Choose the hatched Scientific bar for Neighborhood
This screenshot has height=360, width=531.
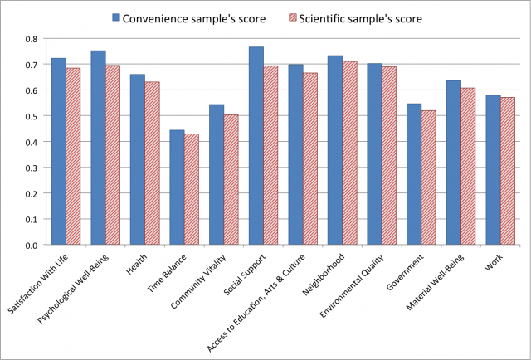pos(349,153)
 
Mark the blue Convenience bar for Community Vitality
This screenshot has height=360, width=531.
pos(217,175)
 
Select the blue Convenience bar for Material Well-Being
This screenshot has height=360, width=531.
pos(453,163)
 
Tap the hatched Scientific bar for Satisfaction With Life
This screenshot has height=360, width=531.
pos(74,157)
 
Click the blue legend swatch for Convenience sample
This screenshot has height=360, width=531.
pos(116,17)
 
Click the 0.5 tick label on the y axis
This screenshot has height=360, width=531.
pos(30,116)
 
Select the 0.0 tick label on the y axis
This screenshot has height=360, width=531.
pos(30,246)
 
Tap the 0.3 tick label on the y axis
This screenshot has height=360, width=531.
pos(30,168)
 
